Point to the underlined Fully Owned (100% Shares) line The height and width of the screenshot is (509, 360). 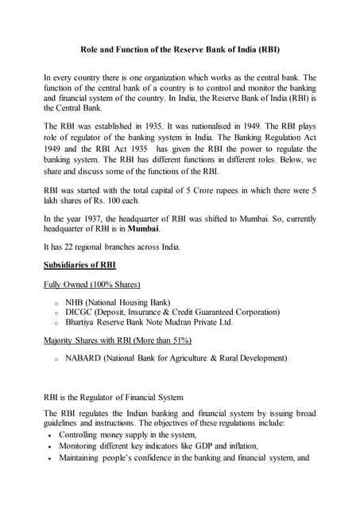(x=92, y=284)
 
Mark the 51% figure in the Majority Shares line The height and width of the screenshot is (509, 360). (x=179, y=340)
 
